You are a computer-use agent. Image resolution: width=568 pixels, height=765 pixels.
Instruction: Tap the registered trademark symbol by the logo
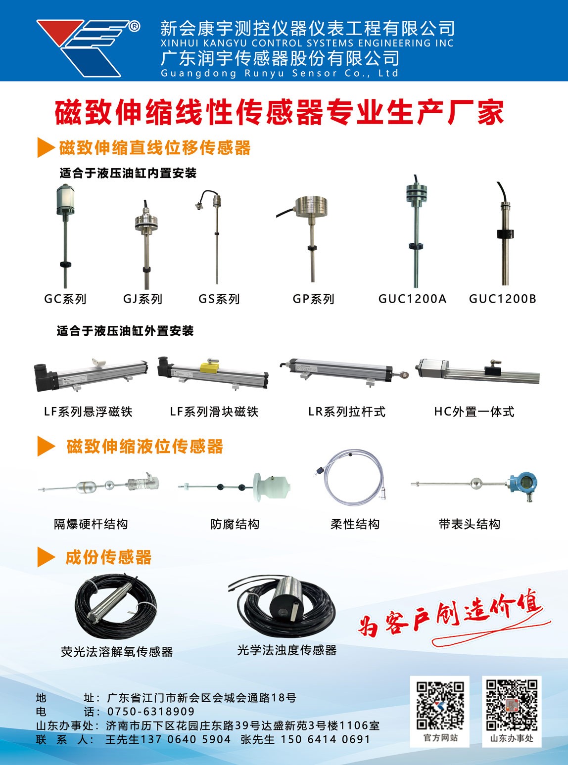pyautogui.click(x=134, y=26)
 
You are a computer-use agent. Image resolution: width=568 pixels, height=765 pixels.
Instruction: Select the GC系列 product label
pyautogui.click(x=65, y=299)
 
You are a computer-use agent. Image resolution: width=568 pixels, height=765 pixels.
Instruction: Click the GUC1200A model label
pyautogui.click(x=412, y=299)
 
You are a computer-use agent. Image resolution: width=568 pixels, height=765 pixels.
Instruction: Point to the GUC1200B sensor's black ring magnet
pyautogui.click(x=505, y=234)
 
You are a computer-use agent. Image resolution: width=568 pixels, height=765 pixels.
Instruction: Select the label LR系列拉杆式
pyautogui.click(x=347, y=411)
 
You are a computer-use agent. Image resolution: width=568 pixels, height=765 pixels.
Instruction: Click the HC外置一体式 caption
pyautogui.click(x=474, y=411)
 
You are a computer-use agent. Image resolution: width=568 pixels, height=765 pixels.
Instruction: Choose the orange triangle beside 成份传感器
pyautogui.click(x=46, y=557)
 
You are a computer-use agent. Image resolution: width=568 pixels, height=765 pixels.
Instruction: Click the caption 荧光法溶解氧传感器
pyautogui.click(x=117, y=652)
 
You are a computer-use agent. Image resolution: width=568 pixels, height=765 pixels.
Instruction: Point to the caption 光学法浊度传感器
pyautogui.click(x=287, y=650)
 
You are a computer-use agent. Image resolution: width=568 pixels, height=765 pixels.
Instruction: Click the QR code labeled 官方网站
pyautogui.click(x=440, y=705)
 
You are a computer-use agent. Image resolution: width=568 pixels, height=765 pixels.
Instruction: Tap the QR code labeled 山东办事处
pyautogui.click(x=512, y=705)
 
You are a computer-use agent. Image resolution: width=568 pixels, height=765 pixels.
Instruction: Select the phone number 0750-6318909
pyautogui.click(x=151, y=711)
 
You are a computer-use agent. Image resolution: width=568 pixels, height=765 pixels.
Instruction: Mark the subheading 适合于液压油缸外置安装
pyautogui.click(x=125, y=331)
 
